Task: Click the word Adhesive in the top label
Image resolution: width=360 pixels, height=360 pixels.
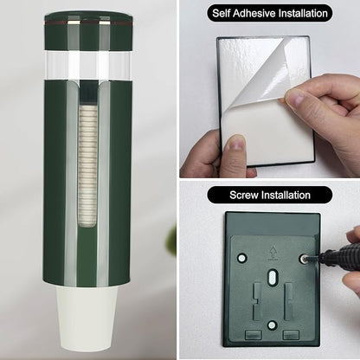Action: point(253,14)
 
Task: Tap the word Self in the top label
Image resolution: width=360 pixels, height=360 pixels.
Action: point(222,14)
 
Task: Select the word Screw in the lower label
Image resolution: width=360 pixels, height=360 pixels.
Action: point(244,195)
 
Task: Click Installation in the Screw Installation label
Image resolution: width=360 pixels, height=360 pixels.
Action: point(286,195)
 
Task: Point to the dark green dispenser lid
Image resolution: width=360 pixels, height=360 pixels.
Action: point(88,30)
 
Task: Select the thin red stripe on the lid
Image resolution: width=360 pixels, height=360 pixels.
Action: point(88,22)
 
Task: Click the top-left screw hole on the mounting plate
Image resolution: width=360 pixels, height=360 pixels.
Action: point(241,257)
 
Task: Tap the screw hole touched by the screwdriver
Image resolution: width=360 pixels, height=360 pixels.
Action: point(303,259)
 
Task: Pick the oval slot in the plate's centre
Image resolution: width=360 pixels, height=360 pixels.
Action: point(272,278)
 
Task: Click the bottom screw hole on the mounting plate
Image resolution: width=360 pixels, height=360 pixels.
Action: point(272,325)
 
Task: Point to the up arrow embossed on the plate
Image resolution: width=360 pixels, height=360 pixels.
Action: point(272,252)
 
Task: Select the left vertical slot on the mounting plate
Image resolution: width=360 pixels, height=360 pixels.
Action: point(257,301)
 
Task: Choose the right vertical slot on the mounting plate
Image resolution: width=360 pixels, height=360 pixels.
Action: point(288,301)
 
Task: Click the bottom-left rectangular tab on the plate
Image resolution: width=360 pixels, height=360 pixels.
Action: point(254,335)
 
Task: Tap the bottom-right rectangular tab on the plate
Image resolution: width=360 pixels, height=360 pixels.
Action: point(291,335)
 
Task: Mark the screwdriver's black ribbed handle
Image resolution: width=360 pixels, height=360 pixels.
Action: point(340,253)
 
